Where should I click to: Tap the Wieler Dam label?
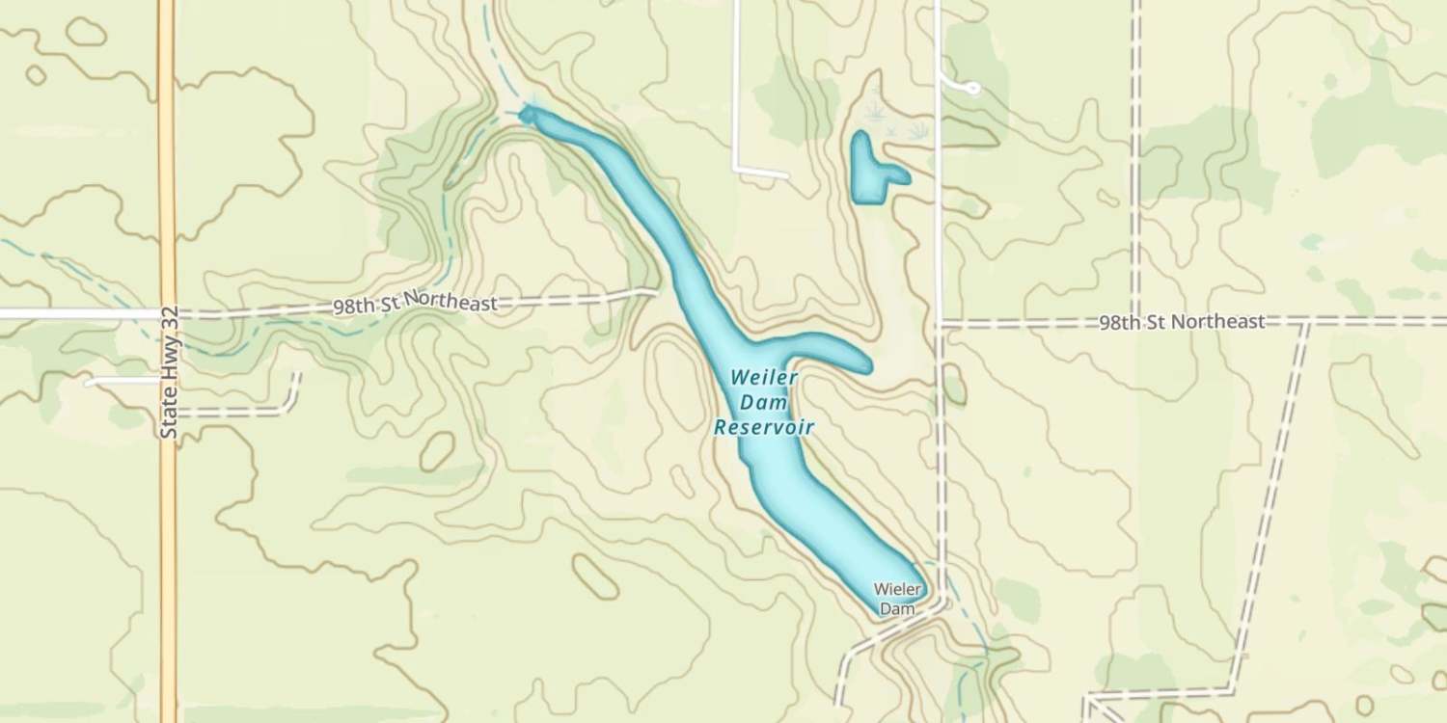(898, 598)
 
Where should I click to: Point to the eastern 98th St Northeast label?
(1181, 322)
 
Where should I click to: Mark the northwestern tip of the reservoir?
(527, 116)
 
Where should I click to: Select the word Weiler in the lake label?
(764, 376)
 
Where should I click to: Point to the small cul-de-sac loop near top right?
(971, 89)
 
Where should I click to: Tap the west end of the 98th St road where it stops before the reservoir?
(655, 291)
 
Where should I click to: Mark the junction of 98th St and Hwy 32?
(168, 313)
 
